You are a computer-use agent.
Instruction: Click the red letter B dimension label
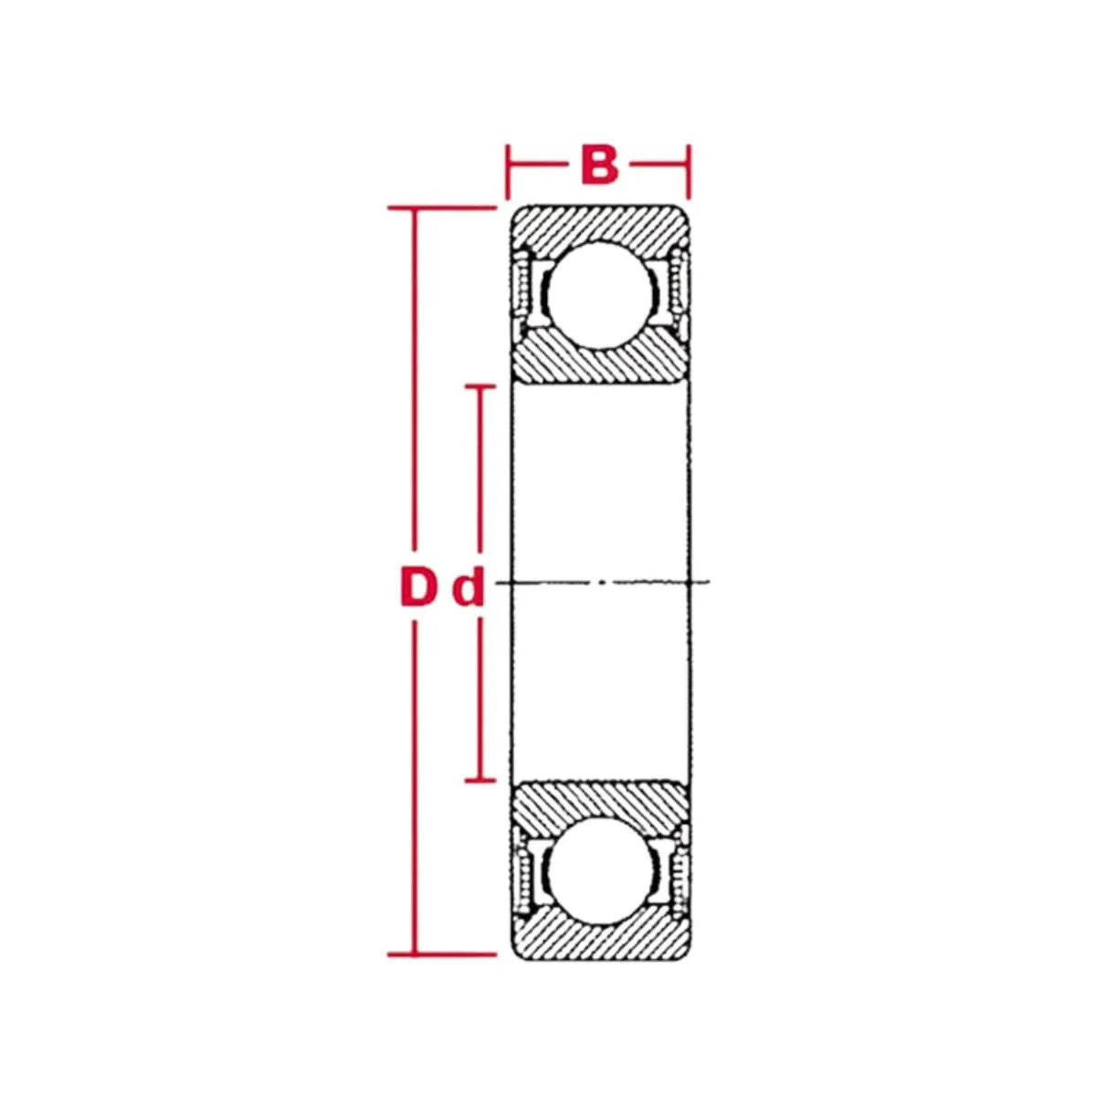(x=599, y=167)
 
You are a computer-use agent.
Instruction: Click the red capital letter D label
(x=418, y=588)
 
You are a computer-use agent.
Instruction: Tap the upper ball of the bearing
(x=599, y=295)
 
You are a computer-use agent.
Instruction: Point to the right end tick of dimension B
(x=688, y=171)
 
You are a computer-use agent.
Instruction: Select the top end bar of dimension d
(x=479, y=386)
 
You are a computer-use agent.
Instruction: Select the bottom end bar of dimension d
(x=479, y=780)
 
